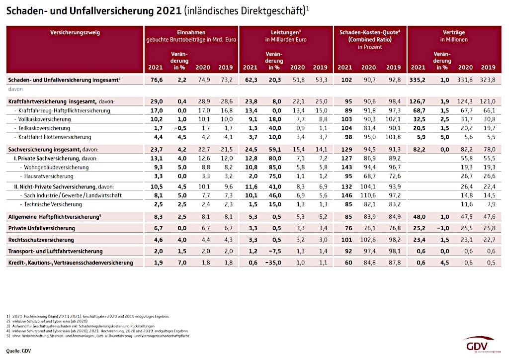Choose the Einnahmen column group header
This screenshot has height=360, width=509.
tap(191, 32)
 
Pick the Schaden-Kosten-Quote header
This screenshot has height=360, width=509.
tap(370, 32)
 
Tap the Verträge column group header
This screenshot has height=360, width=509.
tap(454, 32)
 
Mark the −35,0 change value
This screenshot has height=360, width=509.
tap(273, 263)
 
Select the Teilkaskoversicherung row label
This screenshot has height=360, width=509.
tap(44, 127)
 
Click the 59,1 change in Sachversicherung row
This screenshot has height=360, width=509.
tap(274, 149)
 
